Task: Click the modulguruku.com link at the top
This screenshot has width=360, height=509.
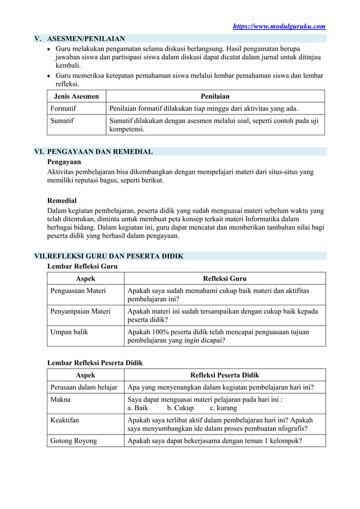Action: (x=279, y=26)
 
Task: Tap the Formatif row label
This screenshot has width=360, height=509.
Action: (x=63, y=108)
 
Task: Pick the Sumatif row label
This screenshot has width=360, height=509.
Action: (x=62, y=121)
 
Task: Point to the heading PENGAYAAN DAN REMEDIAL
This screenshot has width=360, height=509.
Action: (x=100, y=152)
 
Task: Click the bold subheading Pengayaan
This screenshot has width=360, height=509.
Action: (x=64, y=162)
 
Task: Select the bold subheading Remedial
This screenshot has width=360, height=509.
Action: (x=62, y=200)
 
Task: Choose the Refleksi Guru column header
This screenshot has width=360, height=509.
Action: (x=225, y=279)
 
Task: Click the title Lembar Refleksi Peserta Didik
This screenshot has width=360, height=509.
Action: (x=95, y=363)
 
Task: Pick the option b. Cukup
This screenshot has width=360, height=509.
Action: (x=180, y=408)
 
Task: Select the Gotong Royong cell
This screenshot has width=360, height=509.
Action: (x=73, y=441)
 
